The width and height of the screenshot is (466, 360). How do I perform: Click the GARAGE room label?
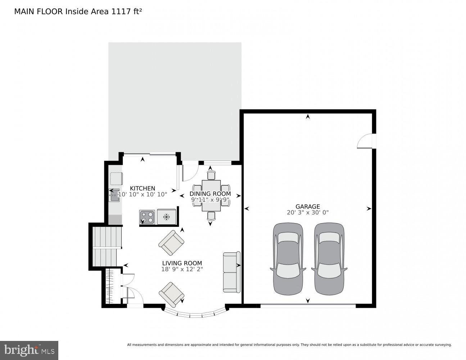pos(308,206)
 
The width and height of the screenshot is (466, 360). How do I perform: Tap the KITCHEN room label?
pos(142,188)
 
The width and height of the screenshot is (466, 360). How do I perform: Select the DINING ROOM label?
pos(210,194)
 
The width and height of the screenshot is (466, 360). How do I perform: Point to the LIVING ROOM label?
pos(182,263)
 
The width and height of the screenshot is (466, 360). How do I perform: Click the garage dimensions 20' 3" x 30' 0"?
pos(308,212)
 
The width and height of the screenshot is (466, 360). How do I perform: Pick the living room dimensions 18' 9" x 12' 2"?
pos(182,269)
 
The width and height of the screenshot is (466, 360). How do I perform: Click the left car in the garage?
pos(288,258)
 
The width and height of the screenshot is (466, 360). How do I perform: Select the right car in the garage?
pos(329,258)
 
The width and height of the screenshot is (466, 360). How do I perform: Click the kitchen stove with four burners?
pos(147,217)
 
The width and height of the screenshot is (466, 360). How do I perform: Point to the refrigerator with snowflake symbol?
pos(166,217)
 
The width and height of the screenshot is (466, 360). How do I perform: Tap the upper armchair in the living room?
pos(172,243)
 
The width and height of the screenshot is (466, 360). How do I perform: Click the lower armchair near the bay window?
pos(172,293)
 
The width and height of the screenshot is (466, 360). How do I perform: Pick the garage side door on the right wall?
pos(365,141)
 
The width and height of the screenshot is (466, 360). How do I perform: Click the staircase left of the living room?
pos(107,247)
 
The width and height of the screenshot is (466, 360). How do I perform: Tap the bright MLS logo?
pos(29,350)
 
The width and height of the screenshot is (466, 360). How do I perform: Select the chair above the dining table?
pos(211,175)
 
